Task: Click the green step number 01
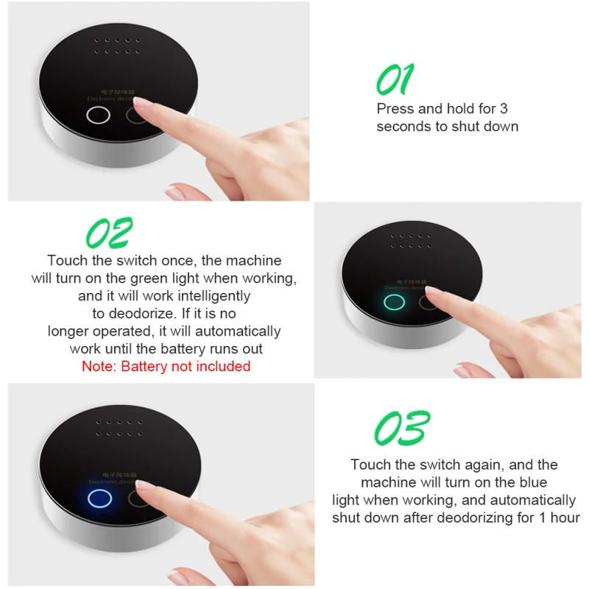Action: (x=395, y=79)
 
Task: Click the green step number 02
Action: (x=110, y=233)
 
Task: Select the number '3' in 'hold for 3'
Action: (x=504, y=108)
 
